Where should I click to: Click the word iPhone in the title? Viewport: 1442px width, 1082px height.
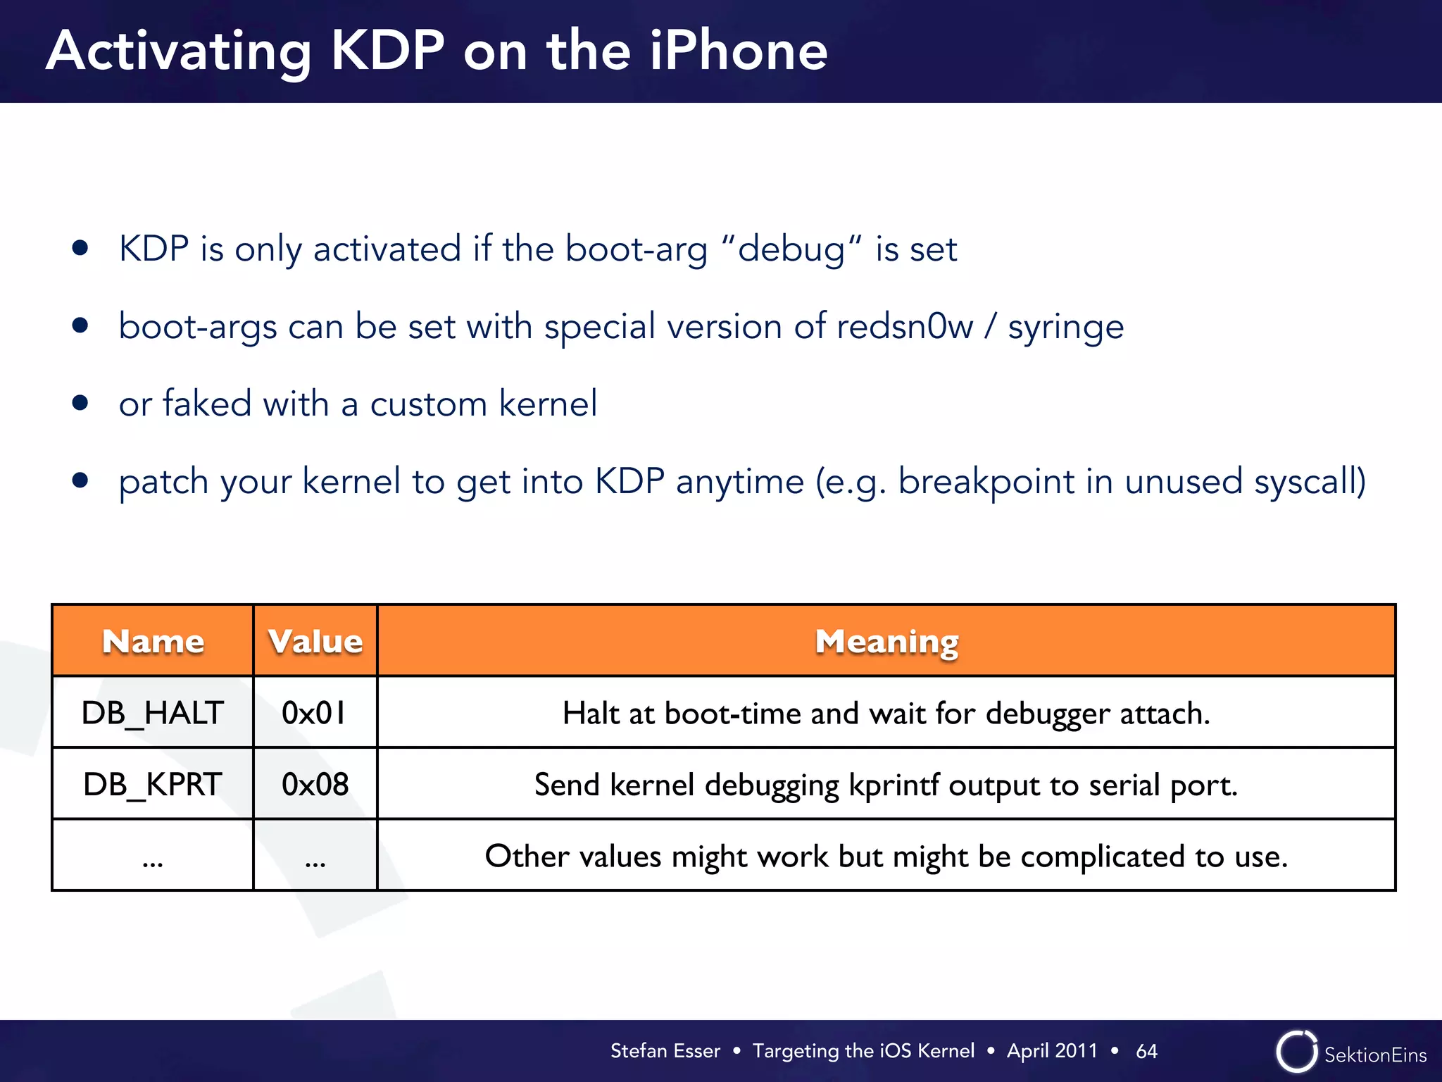(x=738, y=51)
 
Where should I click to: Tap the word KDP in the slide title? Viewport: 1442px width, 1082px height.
(x=387, y=51)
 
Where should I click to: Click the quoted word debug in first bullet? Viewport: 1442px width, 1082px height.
(x=791, y=249)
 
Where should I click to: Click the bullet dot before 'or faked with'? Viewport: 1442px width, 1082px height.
(x=80, y=403)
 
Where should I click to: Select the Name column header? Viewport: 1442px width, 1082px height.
(x=153, y=641)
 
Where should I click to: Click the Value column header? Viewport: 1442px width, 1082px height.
(x=315, y=641)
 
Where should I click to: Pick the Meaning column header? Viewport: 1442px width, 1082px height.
(x=886, y=641)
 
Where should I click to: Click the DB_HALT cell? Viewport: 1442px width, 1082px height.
(x=153, y=713)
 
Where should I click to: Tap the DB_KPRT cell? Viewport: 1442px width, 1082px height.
(x=153, y=784)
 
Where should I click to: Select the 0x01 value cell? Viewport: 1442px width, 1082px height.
(x=314, y=713)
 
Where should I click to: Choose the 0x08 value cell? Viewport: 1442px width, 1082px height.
(x=315, y=784)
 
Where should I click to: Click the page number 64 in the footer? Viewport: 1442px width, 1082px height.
(x=1146, y=1051)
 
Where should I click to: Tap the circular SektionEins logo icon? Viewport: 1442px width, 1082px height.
(x=1296, y=1051)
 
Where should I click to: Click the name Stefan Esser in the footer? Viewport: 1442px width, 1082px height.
(x=665, y=1051)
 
